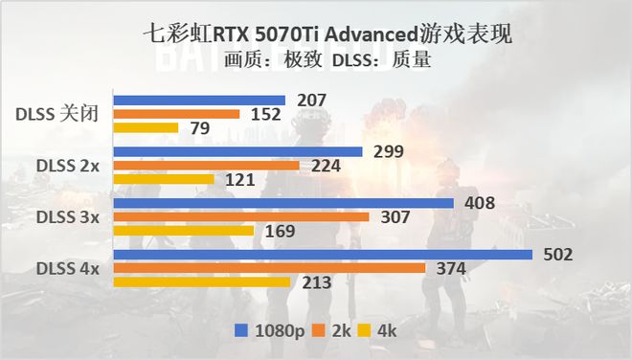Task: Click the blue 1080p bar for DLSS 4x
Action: pos(323,254)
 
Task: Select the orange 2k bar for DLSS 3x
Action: pos(240,216)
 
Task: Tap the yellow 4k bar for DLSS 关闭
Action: pos(146,127)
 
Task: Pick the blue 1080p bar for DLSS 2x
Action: pos(237,151)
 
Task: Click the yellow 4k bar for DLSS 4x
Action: pos(201,281)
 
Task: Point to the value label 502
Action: pos(556,254)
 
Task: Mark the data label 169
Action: pos(277,231)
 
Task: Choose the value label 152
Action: pos(263,115)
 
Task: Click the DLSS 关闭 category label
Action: pos(56,114)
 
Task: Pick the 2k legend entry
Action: pos(334,330)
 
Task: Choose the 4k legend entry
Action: pos(380,330)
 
